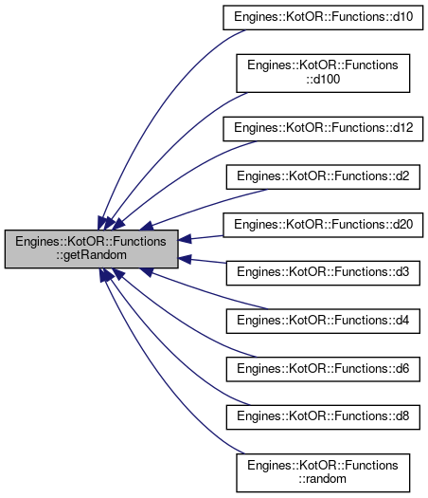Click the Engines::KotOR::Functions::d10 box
(323, 17)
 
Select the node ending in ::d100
(323, 73)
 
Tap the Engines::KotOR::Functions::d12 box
(323, 129)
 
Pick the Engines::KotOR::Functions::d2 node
(323, 176)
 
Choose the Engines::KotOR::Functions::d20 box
(323, 225)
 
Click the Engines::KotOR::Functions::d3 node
(323, 273)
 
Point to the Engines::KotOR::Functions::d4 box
(323, 321)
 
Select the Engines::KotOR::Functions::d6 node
(323, 369)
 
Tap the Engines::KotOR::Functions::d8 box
(323, 417)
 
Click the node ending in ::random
(323, 472)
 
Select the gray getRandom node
(91, 249)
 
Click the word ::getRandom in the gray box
(91, 255)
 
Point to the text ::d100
(323, 79)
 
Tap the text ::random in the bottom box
(323, 479)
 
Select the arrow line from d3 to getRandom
(203, 261)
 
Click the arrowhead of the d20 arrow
(185, 239)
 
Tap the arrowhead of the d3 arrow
(185, 259)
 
